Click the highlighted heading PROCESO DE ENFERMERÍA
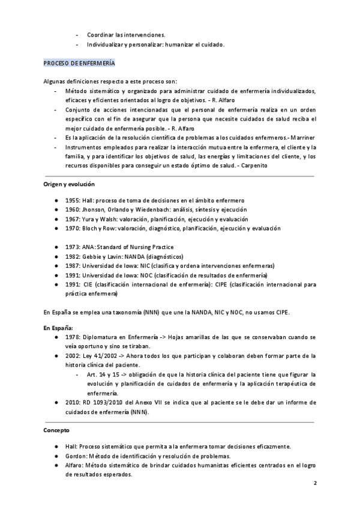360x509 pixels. pyautogui.click(x=79, y=63)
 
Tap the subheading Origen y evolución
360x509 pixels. pyautogui.click(x=68, y=184)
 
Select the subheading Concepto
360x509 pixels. pyautogui.click(x=56, y=430)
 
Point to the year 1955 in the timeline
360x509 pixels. pyautogui.click(x=73, y=200)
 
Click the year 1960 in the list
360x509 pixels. pyautogui.click(x=73, y=209)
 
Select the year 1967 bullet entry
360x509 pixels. pyautogui.click(x=73, y=219)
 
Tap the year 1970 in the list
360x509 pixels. pyautogui.click(x=73, y=229)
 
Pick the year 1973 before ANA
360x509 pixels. pyautogui.click(x=73, y=247)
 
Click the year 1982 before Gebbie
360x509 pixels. pyautogui.click(x=73, y=256)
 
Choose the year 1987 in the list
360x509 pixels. pyautogui.click(x=73, y=266)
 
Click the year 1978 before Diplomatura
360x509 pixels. pyautogui.click(x=73, y=337)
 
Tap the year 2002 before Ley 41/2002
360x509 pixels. pyautogui.click(x=73, y=356)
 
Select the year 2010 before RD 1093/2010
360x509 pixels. pyautogui.click(x=73, y=402)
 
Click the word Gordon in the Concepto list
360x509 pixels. pyautogui.click(x=76, y=456)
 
